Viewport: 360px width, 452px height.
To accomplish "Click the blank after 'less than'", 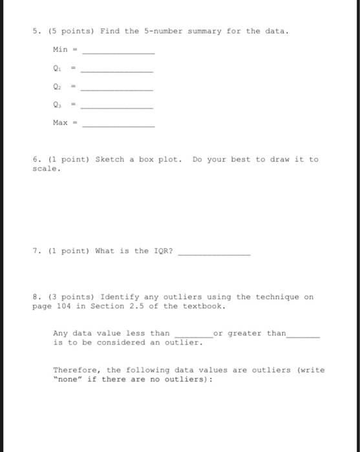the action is tap(193, 336).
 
